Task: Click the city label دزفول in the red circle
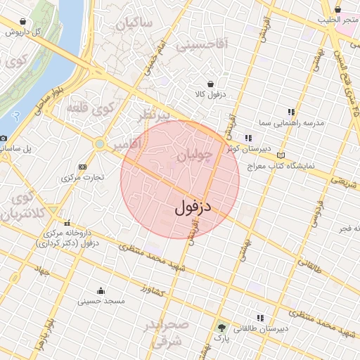[x=192, y=208]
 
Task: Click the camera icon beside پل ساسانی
[x=4, y=139]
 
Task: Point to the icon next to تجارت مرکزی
[x=83, y=167]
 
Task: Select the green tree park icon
[x=221, y=328]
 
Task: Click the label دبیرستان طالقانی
[x=263, y=328]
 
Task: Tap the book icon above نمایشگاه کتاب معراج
[x=282, y=155]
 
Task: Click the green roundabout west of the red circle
[x=100, y=144]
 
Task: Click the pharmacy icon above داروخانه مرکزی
[x=67, y=223]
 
